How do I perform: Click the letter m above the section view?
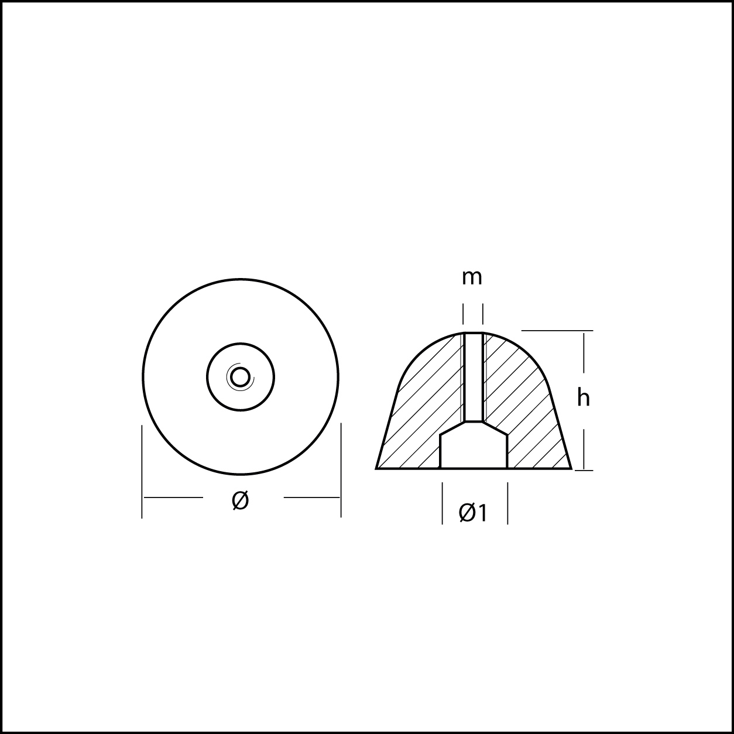tap(472, 278)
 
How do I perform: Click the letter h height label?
tap(583, 399)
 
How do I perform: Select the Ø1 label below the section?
tap(473, 513)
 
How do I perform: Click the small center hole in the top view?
tap(241, 378)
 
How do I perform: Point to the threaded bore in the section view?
tap(474, 377)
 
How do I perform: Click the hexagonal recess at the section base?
tap(474, 445)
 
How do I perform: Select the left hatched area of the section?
tap(419, 411)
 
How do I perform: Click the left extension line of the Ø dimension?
tap(142, 472)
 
